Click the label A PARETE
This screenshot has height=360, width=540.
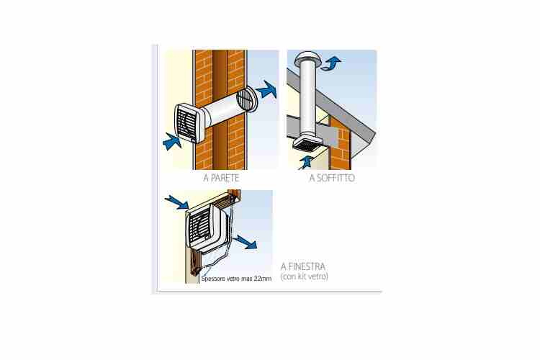[x=221, y=178]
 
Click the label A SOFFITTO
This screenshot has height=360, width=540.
[x=332, y=178]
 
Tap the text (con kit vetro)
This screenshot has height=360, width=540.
[x=304, y=276]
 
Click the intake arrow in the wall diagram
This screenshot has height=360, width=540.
[x=172, y=142]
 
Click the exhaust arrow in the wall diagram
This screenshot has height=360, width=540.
[x=266, y=90]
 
